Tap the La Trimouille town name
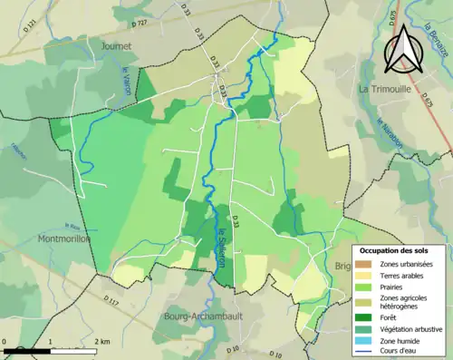point(387,89)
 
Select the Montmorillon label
point(37,238)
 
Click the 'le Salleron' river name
point(223,245)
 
